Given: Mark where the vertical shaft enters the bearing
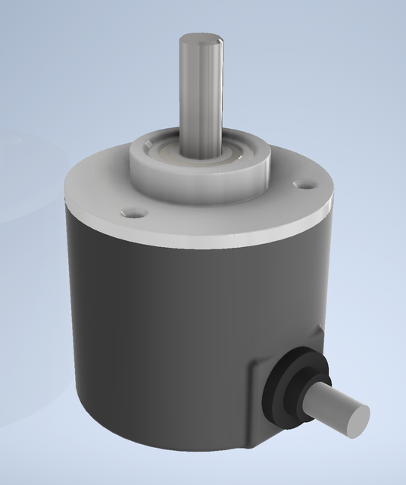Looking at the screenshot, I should coord(201,152).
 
